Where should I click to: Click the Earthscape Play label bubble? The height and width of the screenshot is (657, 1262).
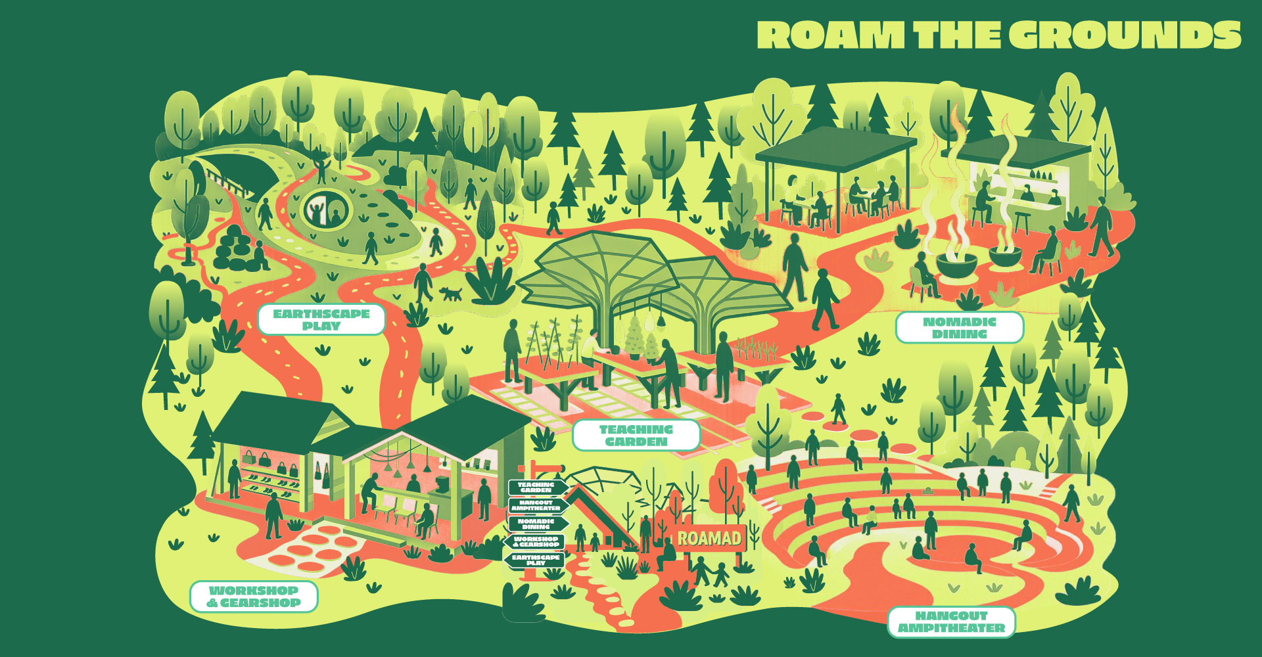(321, 320)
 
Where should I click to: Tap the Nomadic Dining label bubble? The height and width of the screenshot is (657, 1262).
(959, 328)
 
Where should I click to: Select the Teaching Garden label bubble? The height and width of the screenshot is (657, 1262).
(636, 436)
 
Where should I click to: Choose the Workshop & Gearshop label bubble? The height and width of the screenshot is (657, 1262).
(254, 597)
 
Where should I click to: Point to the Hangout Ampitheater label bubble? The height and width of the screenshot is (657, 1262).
(951, 622)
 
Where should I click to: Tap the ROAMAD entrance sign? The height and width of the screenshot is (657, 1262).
(709, 539)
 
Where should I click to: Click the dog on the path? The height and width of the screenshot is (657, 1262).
(451, 292)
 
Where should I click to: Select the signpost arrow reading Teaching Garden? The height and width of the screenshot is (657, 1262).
(536, 487)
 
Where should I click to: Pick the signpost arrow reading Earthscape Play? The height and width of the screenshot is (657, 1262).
(535, 560)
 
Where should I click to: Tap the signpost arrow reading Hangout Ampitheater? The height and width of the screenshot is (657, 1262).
(536, 505)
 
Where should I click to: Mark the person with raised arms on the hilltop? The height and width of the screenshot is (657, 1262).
(322, 168)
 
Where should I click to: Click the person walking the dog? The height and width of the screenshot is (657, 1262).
(423, 283)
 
